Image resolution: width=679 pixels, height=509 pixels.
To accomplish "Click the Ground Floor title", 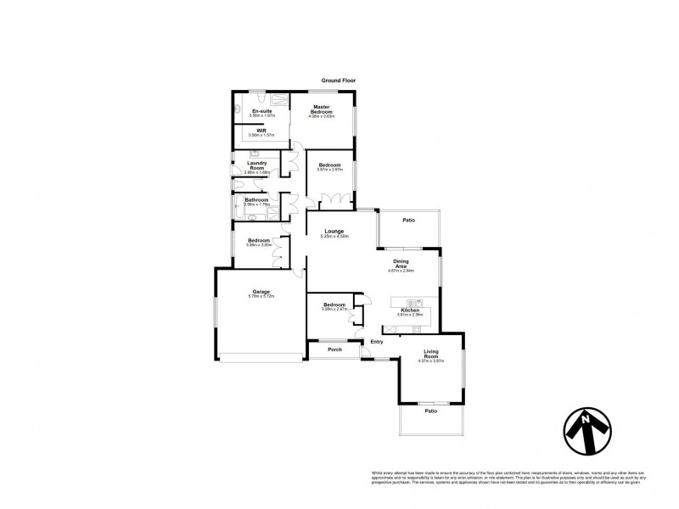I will coord(339,81).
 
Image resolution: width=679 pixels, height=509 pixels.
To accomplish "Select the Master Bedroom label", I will coord(320,109).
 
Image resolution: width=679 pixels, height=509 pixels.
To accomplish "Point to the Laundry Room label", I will coord(257,165).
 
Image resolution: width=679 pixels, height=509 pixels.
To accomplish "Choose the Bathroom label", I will coord(256,200).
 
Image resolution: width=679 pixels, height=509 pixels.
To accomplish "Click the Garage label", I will coord(260,291).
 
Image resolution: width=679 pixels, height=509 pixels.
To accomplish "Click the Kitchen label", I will coord(411,310).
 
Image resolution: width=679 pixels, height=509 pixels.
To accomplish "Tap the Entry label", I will coord(377,341).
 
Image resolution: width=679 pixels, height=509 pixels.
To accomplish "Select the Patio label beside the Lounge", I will coord(408,221).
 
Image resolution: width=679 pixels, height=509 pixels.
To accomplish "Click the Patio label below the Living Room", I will coord(431,411).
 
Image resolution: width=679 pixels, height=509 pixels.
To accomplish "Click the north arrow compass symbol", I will coord(587,435).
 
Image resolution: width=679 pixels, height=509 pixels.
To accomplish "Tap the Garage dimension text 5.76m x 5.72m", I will coord(260,296).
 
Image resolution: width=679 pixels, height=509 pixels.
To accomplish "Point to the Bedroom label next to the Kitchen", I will coord(334,304).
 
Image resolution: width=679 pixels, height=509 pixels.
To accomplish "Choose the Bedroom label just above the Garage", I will coord(259,240).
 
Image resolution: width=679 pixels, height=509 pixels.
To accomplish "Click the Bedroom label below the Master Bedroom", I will coord(329,165).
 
